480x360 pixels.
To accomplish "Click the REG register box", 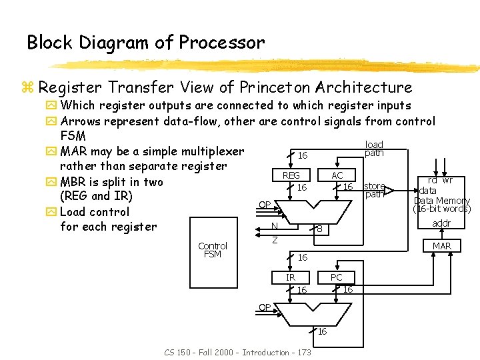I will pos(291,175).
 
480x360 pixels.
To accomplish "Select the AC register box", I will pos(337,175).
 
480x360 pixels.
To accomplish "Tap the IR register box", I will pos(291,277).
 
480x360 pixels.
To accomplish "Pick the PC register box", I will pos(336,277).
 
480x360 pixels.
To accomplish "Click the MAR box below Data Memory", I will pos(442,246).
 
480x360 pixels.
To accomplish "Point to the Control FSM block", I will pos(213,249).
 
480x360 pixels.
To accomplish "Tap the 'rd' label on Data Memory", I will pos(432,181).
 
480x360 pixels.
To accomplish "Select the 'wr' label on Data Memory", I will pos(447,181).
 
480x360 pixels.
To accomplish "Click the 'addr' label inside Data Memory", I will pos(441,223).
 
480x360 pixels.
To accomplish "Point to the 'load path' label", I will pos(374,149).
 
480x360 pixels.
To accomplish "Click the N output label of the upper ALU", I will pos(275,227).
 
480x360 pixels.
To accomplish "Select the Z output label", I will pos(274,239).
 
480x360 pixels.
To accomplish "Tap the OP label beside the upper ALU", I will pos(265,205).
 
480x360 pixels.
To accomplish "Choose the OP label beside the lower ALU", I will pos(265,307).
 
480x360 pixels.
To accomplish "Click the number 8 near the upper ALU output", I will pos(320,230).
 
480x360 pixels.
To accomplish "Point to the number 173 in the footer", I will pos(302,352).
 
